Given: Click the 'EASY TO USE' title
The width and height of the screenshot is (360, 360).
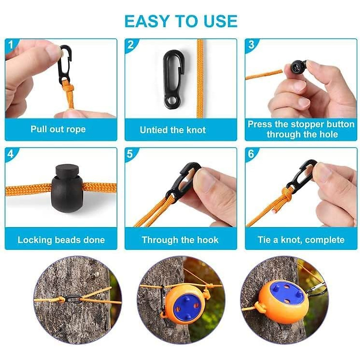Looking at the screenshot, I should click(181, 21).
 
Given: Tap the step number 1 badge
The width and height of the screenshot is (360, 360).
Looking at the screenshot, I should click(11, 45).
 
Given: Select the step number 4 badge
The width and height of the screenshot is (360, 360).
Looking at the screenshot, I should click(11, 154).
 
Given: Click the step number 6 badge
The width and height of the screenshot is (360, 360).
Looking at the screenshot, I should click(251, 154).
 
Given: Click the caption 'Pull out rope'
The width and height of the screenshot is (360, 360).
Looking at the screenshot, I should click(58, 129).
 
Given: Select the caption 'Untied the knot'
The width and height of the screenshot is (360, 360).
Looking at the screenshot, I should click(173, 130).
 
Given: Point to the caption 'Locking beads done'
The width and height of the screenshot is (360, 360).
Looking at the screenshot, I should click(61, 240).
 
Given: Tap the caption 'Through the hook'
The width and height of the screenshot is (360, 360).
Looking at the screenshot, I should click(180, 240).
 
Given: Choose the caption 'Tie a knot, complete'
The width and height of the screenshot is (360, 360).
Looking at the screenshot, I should click(301, 240).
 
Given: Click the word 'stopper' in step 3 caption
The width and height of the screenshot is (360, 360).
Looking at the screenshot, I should click(305, 124).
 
